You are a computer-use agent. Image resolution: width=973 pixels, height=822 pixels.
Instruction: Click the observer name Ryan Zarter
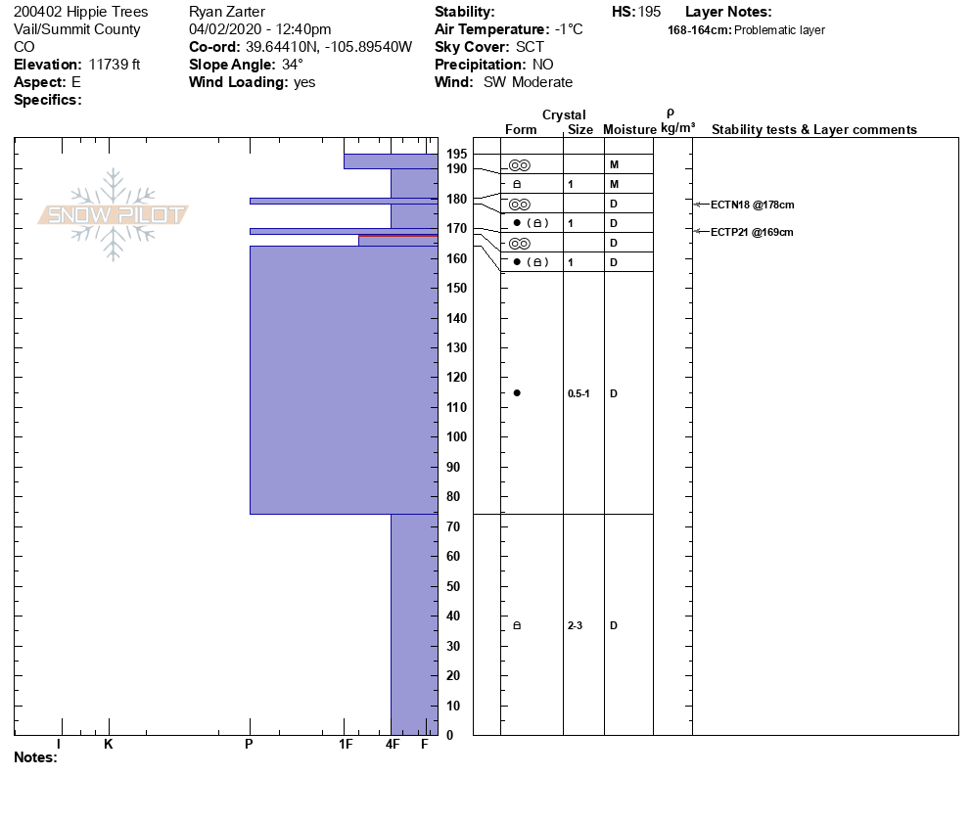coord(226,12)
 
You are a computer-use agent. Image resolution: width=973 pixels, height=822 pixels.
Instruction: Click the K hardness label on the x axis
coord(109,745)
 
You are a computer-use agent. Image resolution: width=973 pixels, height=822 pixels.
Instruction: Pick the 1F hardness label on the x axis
coord(346,745)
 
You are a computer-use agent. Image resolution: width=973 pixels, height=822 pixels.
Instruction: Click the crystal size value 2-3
coord(575,625)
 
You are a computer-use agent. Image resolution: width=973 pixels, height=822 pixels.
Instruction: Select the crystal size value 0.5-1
coord(579,393)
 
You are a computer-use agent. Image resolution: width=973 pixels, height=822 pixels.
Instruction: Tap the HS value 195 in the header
coord(650,12)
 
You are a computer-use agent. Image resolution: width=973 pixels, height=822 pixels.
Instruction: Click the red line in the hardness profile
coord(397,236)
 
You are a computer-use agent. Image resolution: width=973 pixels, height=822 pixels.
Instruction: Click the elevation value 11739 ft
coord(115,65)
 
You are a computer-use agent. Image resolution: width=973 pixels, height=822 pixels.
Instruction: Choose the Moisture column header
coord(629,130)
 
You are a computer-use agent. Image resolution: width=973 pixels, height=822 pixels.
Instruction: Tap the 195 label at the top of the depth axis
coord(457,154)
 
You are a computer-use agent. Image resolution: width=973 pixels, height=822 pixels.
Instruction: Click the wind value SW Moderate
coord(528,82)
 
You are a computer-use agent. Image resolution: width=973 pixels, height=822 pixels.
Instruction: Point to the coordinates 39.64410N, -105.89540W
coord(328,47)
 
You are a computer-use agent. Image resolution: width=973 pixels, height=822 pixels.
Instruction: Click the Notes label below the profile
coord(35,757)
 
